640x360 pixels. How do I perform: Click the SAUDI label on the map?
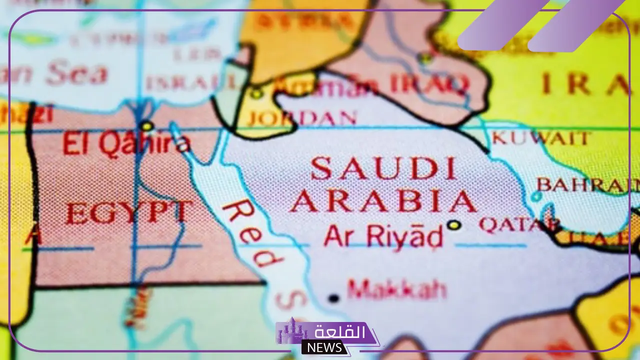[383, 168]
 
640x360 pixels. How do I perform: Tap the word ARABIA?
[383, 201]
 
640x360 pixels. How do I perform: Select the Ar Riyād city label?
[383, 235]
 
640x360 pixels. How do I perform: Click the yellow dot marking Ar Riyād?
[454, 225]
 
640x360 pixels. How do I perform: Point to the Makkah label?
[396, 289]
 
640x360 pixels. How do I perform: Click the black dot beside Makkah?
[333, 298]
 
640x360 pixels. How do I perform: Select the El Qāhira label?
[126, 143]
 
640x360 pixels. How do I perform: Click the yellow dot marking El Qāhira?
[146, 126]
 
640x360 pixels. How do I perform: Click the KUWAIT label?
[541, 138]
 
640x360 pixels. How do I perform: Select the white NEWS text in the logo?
[325, 347]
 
